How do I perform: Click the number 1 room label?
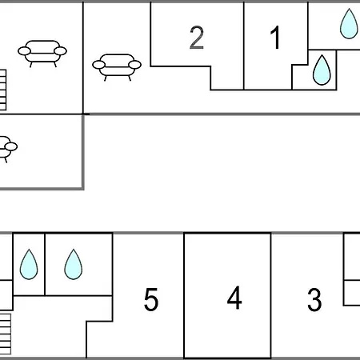[x=275, y=38]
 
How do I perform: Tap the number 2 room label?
[x=197, y=38]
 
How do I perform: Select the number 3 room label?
[x=314, y=299]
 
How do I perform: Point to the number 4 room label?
[x=234, y=298]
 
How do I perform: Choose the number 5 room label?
[x=151, y=299]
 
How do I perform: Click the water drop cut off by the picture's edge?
[x=349, y=23]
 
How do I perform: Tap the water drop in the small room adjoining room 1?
[x=322, y=70]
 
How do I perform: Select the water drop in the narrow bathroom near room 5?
[x=29, y=264]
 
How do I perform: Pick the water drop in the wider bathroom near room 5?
[x=74, y=264]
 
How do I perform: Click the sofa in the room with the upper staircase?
[x=42, y=54]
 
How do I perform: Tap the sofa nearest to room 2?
[x=117, y=67]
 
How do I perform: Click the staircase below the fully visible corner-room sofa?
[x=3, y=90]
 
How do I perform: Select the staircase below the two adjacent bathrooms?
[x=6, y=334]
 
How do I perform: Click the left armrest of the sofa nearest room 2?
[x=99, y=65]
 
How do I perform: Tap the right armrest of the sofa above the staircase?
[x=60, y=51]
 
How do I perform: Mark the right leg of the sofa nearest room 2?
[x=130, y=78]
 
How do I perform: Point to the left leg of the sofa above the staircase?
[x=31, y=65]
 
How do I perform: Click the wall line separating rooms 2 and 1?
[x=244, y=46]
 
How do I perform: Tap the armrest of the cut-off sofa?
[x=11, y=146]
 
